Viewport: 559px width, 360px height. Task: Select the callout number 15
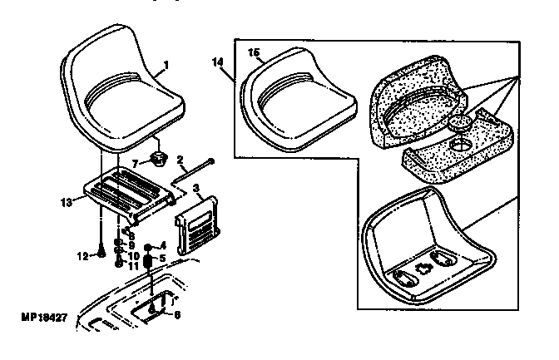pos(255,53)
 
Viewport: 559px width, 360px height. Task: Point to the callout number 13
pos(67,200)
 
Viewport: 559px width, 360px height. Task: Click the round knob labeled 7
pos(158,159)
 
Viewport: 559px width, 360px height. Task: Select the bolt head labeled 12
pos(100,254)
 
